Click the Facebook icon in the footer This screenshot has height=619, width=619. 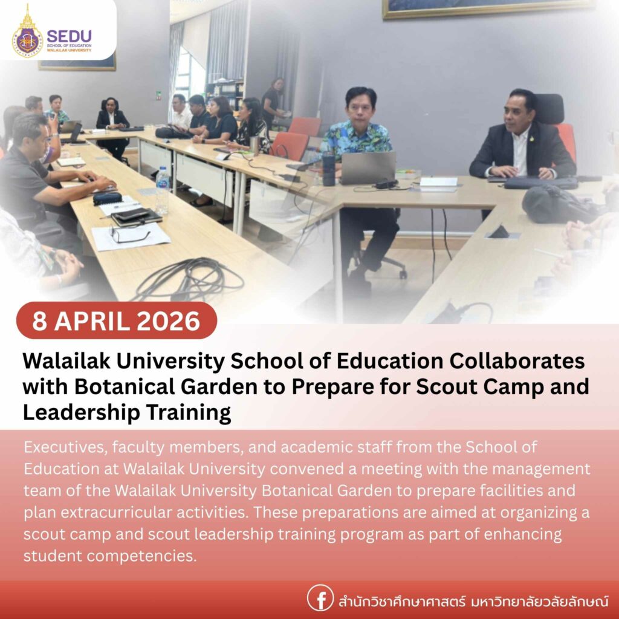point(320,598)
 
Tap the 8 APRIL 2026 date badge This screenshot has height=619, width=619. point(117,320)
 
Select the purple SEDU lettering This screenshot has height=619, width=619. point(69,35)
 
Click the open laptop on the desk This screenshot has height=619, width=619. point(368,167)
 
